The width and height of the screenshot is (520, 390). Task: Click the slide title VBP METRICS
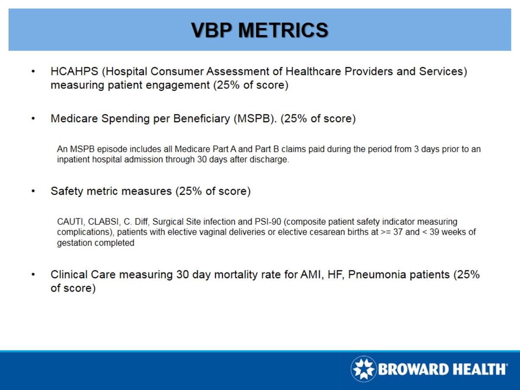pyautogui.click(x=260, y=30)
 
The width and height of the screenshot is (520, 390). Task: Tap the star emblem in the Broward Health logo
pyautogui.click(x=364, y=369)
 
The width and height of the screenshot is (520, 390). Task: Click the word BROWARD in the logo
pyautogui.click(x=412, y=370)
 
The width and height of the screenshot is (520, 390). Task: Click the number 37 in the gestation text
pyautogui.click(x=398, y=232)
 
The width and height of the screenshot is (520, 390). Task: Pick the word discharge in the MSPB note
pyautogui.click(x=270, y=160)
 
